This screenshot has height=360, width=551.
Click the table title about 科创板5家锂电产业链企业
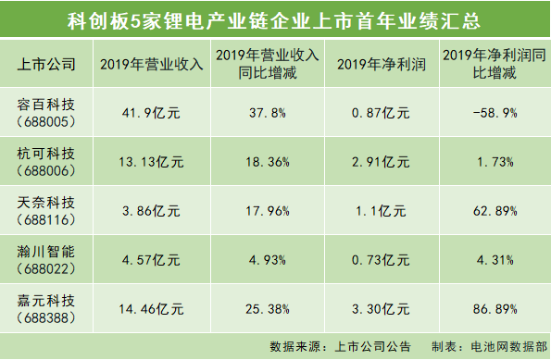pos(275,19)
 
